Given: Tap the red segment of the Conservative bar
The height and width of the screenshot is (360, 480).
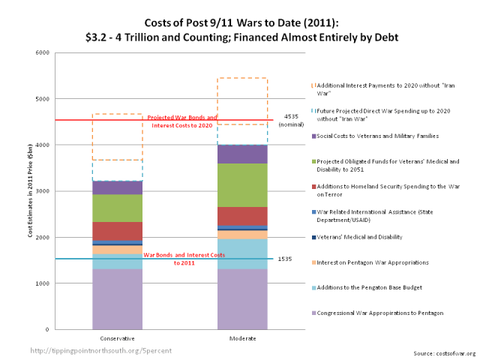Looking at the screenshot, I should pyautogui.click(x=117, y=231).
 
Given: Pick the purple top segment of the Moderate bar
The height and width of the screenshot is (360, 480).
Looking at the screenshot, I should pyautogui.click(x=242, y=154).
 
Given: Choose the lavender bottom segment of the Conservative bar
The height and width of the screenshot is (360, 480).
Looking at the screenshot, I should pyautogui.click(x=117, y=298).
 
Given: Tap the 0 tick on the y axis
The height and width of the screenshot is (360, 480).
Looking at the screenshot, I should pyautogui.click(x=44, y=329).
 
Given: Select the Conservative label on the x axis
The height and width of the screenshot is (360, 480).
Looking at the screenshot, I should pyautogui.click(x=117, y=338).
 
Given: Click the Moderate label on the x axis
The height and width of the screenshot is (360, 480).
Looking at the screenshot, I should pyautogui.click(x=242, y=338).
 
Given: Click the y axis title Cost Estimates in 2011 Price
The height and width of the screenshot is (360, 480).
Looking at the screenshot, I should pyautogui.click(x=31, y=191).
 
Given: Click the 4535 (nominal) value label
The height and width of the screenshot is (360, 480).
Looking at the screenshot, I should pyautogui.click(x=291, y=121).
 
